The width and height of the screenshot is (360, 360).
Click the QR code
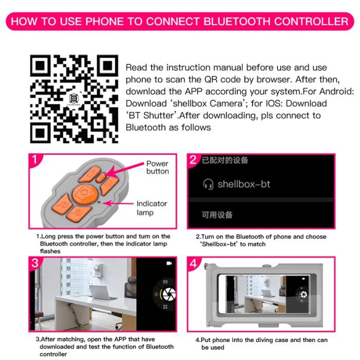click(x=74, y=99)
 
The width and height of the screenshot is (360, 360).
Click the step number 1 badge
click(x=34, y=159)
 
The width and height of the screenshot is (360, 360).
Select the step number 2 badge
click(x=193, y=159)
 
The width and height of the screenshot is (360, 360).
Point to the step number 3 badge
click(x=34, y=263)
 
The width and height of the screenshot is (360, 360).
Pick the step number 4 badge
click(x=193, y=263)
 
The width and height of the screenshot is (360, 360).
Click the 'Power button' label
click(x=157, y=168)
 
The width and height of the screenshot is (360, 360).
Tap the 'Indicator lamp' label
click(x=152, y=208)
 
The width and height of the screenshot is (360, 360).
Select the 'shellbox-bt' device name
click(x=244, y=184)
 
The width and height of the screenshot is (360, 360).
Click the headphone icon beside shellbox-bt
click(x=208, y=184)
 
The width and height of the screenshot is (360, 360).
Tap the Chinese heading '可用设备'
click(x=217, y=215)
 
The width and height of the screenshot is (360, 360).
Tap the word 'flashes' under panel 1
click(x=50, y=251)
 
